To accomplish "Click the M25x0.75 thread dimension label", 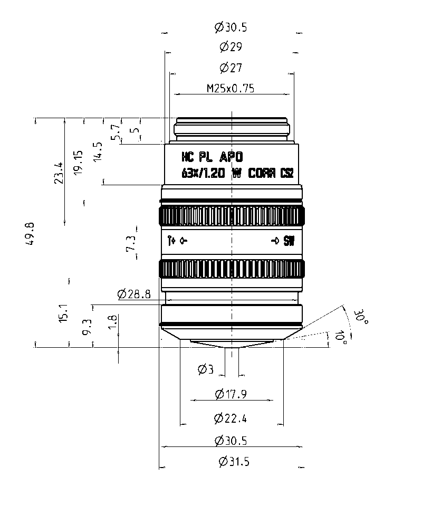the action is [231, 88].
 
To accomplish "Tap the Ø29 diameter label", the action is [231, 47].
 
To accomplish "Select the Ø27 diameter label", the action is [231, 68].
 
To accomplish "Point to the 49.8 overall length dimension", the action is [30, 234].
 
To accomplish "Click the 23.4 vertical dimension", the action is [59, 173].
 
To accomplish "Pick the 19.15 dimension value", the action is [79, 162].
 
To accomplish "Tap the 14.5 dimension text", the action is [98, 151].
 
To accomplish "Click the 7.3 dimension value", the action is [131, 243].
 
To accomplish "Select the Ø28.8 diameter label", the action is [134, 294].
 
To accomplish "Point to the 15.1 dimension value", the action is [63, 313].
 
